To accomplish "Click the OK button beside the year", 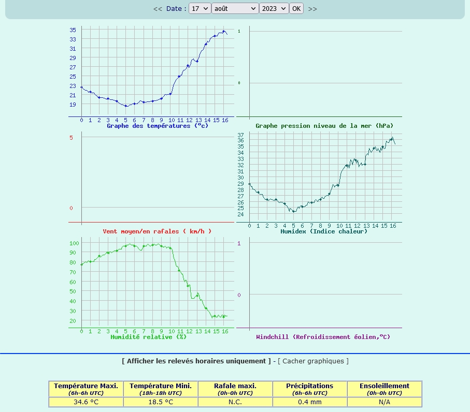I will coord(296,8).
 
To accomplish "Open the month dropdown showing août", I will coord(235,8).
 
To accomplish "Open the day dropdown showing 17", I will coord(200,8).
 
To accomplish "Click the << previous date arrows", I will coord(158,9).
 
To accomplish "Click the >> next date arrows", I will coord(312,9).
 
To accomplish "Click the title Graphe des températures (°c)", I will coord(158,126).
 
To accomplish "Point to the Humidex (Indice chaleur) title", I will coord(324,231).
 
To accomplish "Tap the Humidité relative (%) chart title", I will coord(148,337).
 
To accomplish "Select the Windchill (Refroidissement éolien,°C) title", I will coord(323,337).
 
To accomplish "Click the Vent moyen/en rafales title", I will coord(157,231).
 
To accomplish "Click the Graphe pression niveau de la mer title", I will coord(324,126).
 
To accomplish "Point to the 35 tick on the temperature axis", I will coord(73,30).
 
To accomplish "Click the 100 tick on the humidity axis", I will coord(74,243).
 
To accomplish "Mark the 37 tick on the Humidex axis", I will coord(240,135).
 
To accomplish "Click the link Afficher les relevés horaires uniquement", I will coord(196,361).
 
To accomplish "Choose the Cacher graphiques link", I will coord(313,361).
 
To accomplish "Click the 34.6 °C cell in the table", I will coord(86,402).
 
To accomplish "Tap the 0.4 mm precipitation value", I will coord(310,402).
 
